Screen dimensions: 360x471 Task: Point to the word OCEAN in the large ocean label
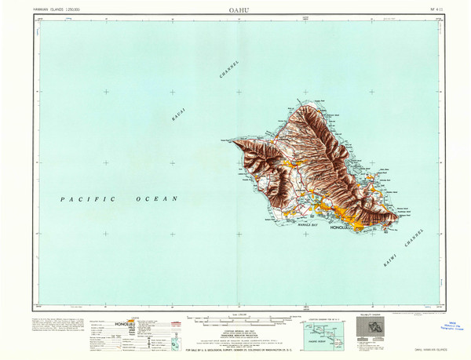(x=157, y=200)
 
